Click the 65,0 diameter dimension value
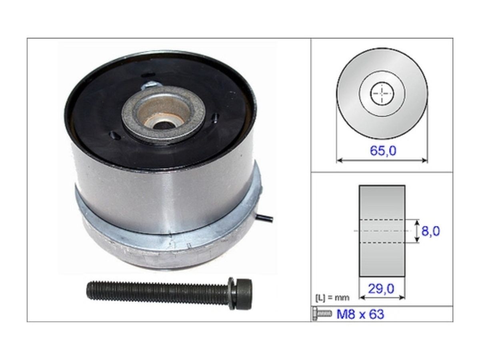pos(382,151)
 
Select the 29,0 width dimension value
pos(382,289)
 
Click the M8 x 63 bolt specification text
pos(360,314)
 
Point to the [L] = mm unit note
pos(332,298)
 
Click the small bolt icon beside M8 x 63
pos(322,314)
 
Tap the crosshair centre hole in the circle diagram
pos(382,94)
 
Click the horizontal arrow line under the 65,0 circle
pos(382,160)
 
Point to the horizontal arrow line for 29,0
pos(382,297)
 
